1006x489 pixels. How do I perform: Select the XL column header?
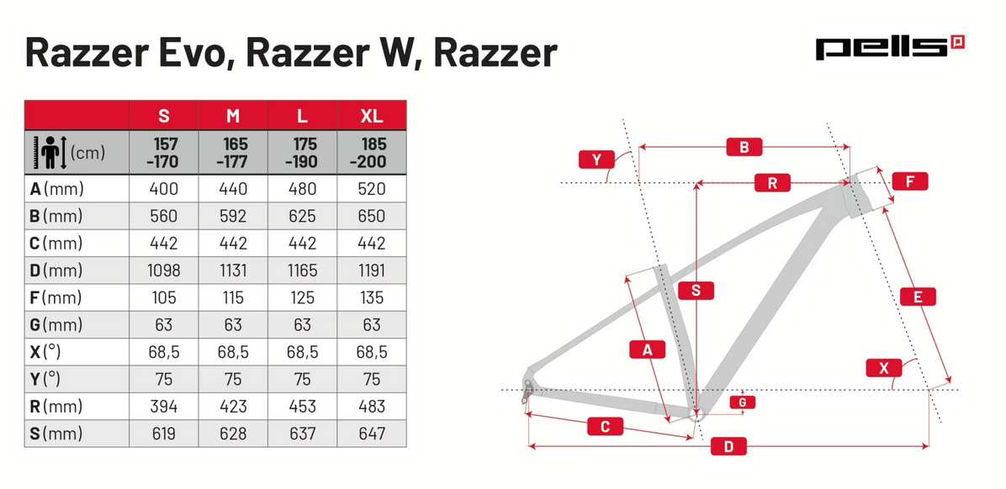(x=371, y=115)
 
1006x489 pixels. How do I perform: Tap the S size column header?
(x=163, y=115)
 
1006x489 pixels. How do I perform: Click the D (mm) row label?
(x=56, y=271)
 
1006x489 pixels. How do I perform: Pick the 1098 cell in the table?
(x=163, y=271)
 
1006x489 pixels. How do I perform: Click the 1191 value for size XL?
(x=371, y=271)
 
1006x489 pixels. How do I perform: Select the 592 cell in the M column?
(x=233, y=216)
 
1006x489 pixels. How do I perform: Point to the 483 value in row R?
(x=371, y=407)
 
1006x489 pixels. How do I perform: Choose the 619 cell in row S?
(x=163, y=434)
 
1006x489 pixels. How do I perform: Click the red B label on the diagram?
(x=744, y=148)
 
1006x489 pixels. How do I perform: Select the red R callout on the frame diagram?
(x=772, y=182)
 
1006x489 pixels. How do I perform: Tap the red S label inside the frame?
(x=696, y=291)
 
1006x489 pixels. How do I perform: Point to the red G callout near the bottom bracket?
(x=742, y=402)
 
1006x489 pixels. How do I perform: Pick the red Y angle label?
(x=596, y=159)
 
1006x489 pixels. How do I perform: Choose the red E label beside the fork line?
(x=918, y=297)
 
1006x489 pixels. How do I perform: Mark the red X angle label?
(x=883, y=368)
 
